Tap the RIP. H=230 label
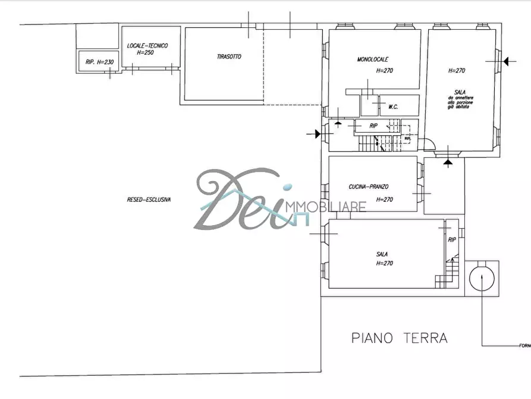click(99, 61)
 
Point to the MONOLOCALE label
click(373, 60)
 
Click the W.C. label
click(393, 107)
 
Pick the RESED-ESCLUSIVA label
click(149, 200)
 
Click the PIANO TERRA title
click(399, 338)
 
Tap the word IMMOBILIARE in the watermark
click(326, 207)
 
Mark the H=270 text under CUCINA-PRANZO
click(385, 199)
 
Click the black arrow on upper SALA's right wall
click(505, 60)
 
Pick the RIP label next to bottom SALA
click(452, 240)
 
